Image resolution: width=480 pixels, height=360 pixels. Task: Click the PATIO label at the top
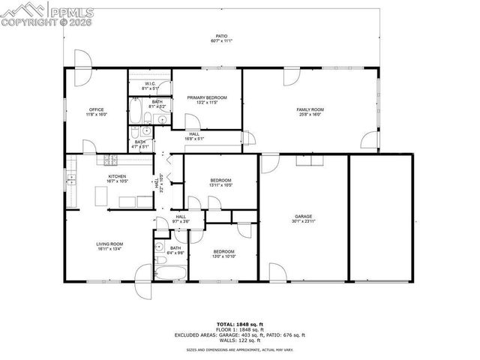(x=221, y=35)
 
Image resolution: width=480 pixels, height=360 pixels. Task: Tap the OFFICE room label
(x=96, y=110)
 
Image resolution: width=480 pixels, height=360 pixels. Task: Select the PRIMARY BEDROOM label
(x=206, y=97)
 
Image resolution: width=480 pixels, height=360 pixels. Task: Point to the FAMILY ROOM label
(x=310, y=110)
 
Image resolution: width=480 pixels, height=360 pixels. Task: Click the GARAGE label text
(x=303, y=217)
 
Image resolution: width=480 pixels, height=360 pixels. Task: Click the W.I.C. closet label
(x=149, y=83)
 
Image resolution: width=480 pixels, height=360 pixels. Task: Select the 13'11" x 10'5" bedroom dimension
(x=220, y=185)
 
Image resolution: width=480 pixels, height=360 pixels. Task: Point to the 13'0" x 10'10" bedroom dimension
(x=223, y=256)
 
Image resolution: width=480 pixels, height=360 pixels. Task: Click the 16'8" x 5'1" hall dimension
(x=193, y=139)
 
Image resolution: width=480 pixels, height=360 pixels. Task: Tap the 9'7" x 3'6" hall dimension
(x=181, y=221)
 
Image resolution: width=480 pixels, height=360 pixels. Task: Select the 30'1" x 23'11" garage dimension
(x=303, y=222)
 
